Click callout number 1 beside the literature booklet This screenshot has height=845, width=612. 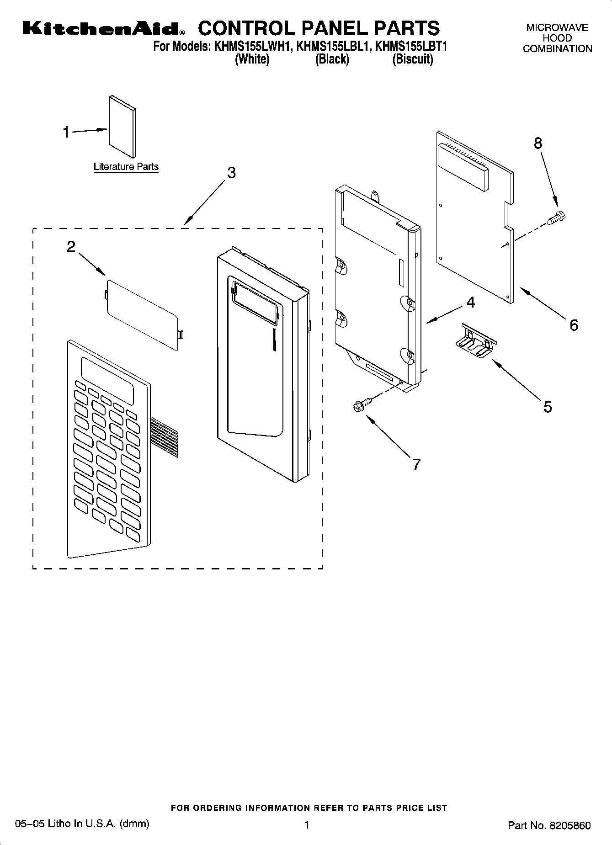(66, 133)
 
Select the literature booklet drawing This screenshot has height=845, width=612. (122, 127)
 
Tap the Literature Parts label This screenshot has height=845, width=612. (126, 167)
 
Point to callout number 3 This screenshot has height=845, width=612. (231, 173)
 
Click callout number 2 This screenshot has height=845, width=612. (71, 247)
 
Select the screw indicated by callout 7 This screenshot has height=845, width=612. (361, 404)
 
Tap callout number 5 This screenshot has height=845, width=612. (548, 406)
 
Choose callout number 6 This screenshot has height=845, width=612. (574, 325)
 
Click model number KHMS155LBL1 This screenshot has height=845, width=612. (333, 47)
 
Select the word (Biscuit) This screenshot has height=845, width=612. (412, 59)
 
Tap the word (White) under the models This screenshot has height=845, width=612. (252, 59)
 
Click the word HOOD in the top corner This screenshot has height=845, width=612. (557, 38)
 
